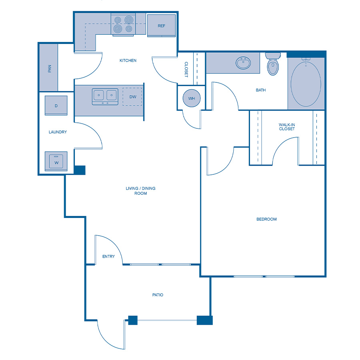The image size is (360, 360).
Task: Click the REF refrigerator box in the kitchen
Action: click(161, 26)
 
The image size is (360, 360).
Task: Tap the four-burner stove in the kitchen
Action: click(123, 24)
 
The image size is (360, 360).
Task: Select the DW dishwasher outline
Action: click(132, 97)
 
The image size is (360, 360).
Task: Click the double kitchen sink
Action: click(105, 96)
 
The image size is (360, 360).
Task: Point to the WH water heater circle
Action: click(191, 98)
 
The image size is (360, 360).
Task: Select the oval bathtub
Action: click(306, 83)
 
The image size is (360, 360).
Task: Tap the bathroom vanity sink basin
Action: click(243, 63)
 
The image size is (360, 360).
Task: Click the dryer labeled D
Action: click(56, 106)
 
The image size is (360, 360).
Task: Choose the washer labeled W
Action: click(56, 162)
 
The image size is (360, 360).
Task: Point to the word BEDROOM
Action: click(266, 219)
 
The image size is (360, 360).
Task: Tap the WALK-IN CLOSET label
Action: click(287, 127)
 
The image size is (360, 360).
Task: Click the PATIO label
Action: click(158, 295)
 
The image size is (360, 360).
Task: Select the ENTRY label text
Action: click(108, 256)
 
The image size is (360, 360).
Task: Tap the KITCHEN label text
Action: click(128, 61)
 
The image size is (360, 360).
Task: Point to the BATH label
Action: click(261, 90)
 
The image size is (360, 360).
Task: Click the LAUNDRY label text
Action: click(58, 132)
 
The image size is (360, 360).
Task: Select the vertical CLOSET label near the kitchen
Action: click(186, 69)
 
